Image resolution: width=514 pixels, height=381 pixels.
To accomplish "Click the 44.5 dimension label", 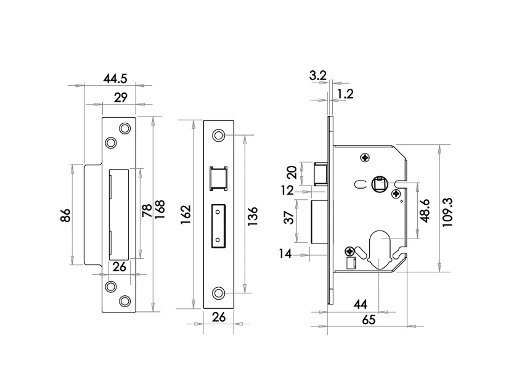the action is [115, 79].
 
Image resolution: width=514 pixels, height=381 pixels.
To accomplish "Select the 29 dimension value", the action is [121, 97].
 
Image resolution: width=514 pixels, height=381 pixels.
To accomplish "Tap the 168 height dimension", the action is [160, 210].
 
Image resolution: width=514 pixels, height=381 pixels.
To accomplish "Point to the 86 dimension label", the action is [65, 215].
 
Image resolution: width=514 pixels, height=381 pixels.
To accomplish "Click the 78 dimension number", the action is [147, 210].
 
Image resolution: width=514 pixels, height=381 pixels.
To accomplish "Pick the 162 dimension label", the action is [186, 215].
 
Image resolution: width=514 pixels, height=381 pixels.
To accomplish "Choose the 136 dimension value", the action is [253, 216].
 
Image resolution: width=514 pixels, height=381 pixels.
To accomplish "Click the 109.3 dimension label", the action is [447, 212].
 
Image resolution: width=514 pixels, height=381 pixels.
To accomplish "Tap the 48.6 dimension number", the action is [425, 211].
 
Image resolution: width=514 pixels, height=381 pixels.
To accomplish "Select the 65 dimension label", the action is [369, 320].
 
